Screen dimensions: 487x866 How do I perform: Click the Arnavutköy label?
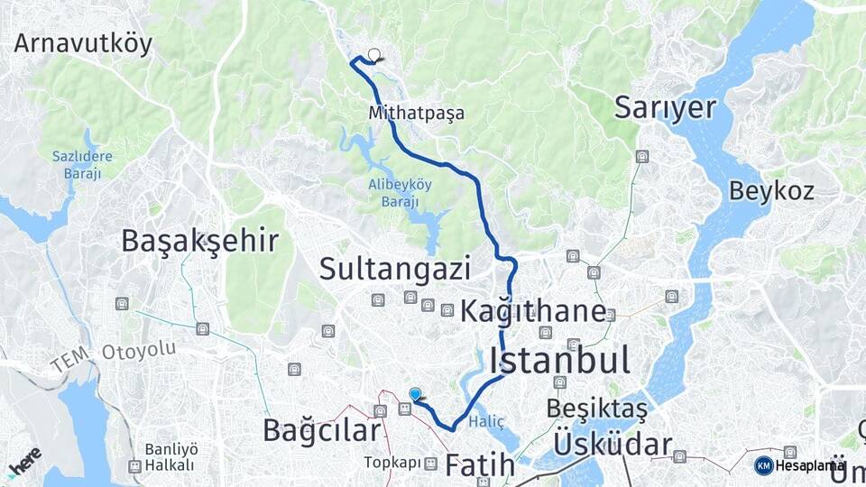pyautogui.click(x=83, y=44)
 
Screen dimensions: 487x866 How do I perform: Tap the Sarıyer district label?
pyautogui.click(x=665, y=107)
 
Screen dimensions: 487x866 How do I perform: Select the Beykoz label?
pyautogui.click(x=771, y=190)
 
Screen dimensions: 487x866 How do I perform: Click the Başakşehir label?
pyautogui.click(x=199, y=240)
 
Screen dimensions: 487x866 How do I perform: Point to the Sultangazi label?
pyautogui.click(x=395, y=268)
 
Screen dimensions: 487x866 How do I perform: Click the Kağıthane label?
pyautogui.click(x=533, y=312)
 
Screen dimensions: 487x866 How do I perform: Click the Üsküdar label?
pyautogui.click(x=613, y=444)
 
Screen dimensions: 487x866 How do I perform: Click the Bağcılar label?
pyautogui.click(x=322, y=430)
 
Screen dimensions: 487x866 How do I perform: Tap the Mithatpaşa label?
pyautogui.click(x=416, y=114)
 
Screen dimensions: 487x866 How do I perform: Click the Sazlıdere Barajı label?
pyautogui.click(x=82, y=165)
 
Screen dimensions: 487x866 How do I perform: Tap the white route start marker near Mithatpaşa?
pyautogui.click(x=374, y=54)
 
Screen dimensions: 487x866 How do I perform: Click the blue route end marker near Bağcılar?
pyautogui.click(x=415, y=393)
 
